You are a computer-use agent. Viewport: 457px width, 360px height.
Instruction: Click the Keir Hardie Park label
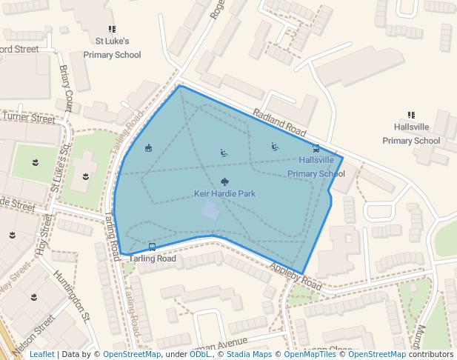point(224,194)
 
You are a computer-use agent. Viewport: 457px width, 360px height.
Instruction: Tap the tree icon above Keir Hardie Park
point(224,181)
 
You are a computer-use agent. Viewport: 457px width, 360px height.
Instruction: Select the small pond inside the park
point(210,211)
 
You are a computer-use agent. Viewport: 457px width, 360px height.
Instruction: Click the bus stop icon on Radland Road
point(316,148)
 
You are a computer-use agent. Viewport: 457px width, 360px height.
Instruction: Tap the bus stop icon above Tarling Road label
point(153,247)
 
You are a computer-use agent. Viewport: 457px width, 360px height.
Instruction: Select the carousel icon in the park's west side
point(148,148)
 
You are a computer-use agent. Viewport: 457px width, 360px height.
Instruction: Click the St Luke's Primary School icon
point(113,29)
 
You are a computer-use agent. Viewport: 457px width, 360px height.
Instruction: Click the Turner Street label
point(28,119)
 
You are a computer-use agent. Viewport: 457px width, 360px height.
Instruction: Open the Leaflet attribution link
point(42,355)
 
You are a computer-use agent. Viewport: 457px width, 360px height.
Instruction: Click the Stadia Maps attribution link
point(249,355)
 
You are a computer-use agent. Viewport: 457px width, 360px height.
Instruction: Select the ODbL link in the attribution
point(200,355)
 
